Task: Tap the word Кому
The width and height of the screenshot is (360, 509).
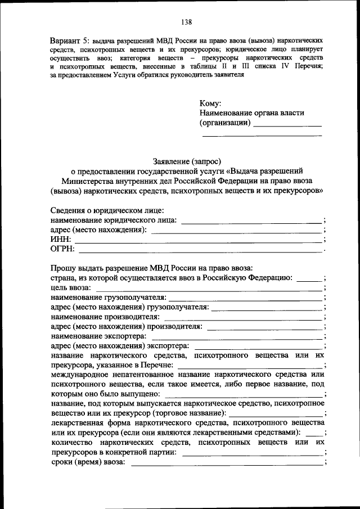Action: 210,103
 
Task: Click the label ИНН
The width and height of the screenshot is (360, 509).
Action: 60,240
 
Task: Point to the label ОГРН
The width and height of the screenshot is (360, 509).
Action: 62,249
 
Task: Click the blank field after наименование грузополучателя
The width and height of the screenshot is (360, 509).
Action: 245,298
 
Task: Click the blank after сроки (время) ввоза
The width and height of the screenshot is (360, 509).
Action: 227,463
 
